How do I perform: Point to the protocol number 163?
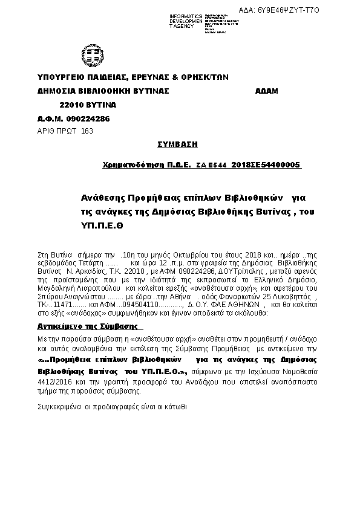(x=87, y=131)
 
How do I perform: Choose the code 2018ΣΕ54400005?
(x=266, y=164)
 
